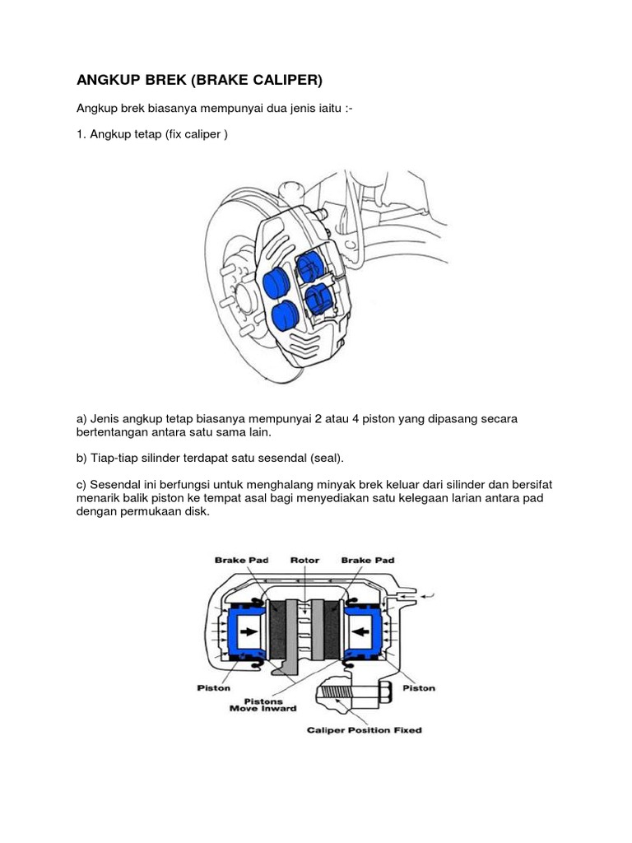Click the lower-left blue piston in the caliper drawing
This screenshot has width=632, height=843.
coord(285,315)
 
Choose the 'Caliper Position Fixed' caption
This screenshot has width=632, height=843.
coord(364,729)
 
